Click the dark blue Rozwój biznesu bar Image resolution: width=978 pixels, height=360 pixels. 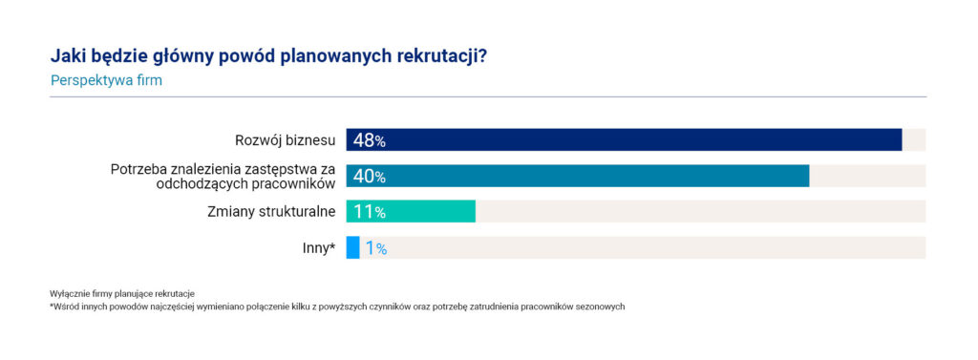tap(624, 139)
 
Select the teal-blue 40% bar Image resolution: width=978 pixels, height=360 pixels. tap(578, 176)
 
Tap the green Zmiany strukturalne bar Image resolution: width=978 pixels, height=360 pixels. tap(411, 211)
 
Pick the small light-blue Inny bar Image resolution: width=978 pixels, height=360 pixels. tap(353, 247)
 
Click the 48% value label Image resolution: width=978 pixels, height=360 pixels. tap(370, 140)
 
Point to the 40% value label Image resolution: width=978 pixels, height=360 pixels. tap(370, 177)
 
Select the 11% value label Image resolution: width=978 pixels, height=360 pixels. tap(370, 212)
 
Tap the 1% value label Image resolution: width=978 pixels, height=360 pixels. tap(376, 248)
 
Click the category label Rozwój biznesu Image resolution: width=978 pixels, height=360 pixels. tap(285, 140)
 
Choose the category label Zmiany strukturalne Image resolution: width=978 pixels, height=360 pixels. tap(271, 212)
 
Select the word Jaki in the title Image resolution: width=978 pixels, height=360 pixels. tap(64, 56)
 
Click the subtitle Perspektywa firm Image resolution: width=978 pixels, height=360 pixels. tap(106, 81)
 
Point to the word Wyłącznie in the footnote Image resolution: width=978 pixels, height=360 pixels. tap(64, 293)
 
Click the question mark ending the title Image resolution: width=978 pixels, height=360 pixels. tap(482, 55)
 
